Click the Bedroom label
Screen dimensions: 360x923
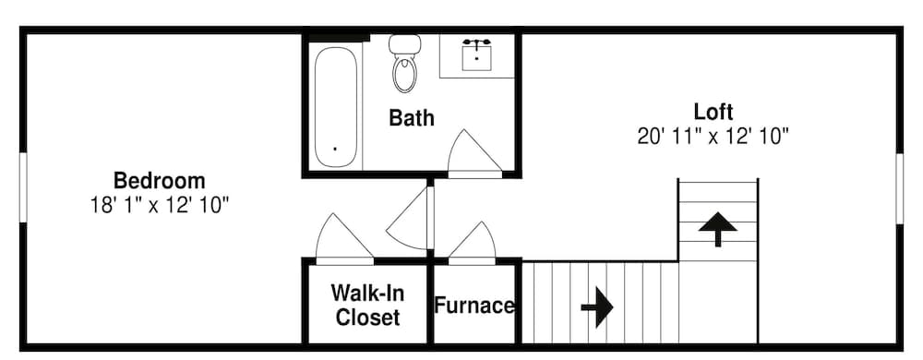(159, 180)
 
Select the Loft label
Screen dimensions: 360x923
(713, 113)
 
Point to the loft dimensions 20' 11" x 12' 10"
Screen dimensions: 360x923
(713, 137)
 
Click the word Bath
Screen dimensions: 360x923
(412, 118)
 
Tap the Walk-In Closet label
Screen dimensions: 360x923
(367, 306)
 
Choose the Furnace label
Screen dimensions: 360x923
(474, 306)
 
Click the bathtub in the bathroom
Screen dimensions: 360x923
(334, 106)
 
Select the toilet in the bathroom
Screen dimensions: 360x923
(404, 70)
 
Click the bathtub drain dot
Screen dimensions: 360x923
(334, 148)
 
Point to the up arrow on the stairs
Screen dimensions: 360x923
(717, 227)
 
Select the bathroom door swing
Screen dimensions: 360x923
(473, 152)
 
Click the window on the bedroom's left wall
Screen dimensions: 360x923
(24, 187)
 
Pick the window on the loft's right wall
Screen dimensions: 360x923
(899, 187)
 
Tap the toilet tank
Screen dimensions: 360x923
(404, 43)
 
